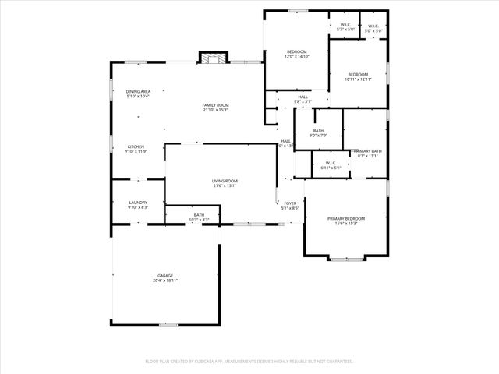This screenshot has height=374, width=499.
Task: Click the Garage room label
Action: [165, 276]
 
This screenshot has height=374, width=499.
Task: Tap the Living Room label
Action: [225, 181]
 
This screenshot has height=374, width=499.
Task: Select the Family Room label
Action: [215, 105]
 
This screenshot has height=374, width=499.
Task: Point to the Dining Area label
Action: [138, 92]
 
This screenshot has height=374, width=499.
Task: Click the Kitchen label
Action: [136, 146]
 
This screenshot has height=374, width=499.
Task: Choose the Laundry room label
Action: [138, 203]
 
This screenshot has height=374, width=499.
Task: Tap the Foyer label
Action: [290, 203]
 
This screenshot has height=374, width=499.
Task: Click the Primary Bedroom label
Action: [345, 218]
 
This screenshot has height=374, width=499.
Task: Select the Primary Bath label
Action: [367, 151]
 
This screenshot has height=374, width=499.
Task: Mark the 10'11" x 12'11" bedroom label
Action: [358, 75]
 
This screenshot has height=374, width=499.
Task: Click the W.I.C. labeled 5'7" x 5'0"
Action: [345, 25]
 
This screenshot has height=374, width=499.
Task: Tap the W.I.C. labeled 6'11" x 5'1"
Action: [331, 163]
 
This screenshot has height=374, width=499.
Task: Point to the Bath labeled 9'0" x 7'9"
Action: [318, 131]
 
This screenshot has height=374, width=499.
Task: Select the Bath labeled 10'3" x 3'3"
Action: [199, 215]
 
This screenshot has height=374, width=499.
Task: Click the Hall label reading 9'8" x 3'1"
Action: [303, 97]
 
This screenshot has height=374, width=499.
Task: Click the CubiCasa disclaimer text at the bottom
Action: [249, 362]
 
